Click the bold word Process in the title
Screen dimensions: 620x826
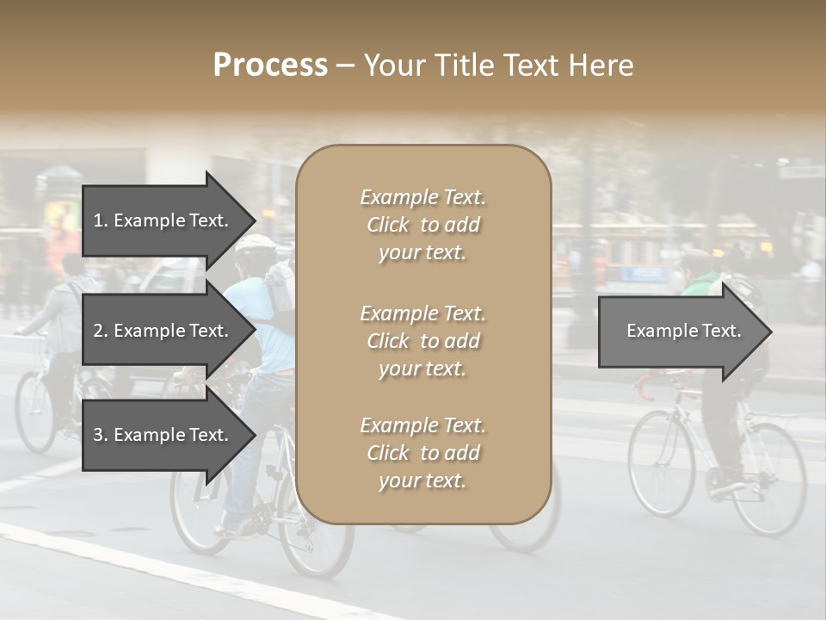(270, 65)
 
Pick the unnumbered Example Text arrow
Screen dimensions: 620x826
(684, 331)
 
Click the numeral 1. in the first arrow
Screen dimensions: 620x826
(101, 220)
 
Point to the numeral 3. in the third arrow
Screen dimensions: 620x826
(101, 435)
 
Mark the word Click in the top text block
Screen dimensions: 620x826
(388, 225)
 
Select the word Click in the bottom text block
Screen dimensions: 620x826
(388, 453)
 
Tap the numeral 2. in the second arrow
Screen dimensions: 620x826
(101, 331)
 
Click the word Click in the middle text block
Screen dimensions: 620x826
(388, 341)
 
